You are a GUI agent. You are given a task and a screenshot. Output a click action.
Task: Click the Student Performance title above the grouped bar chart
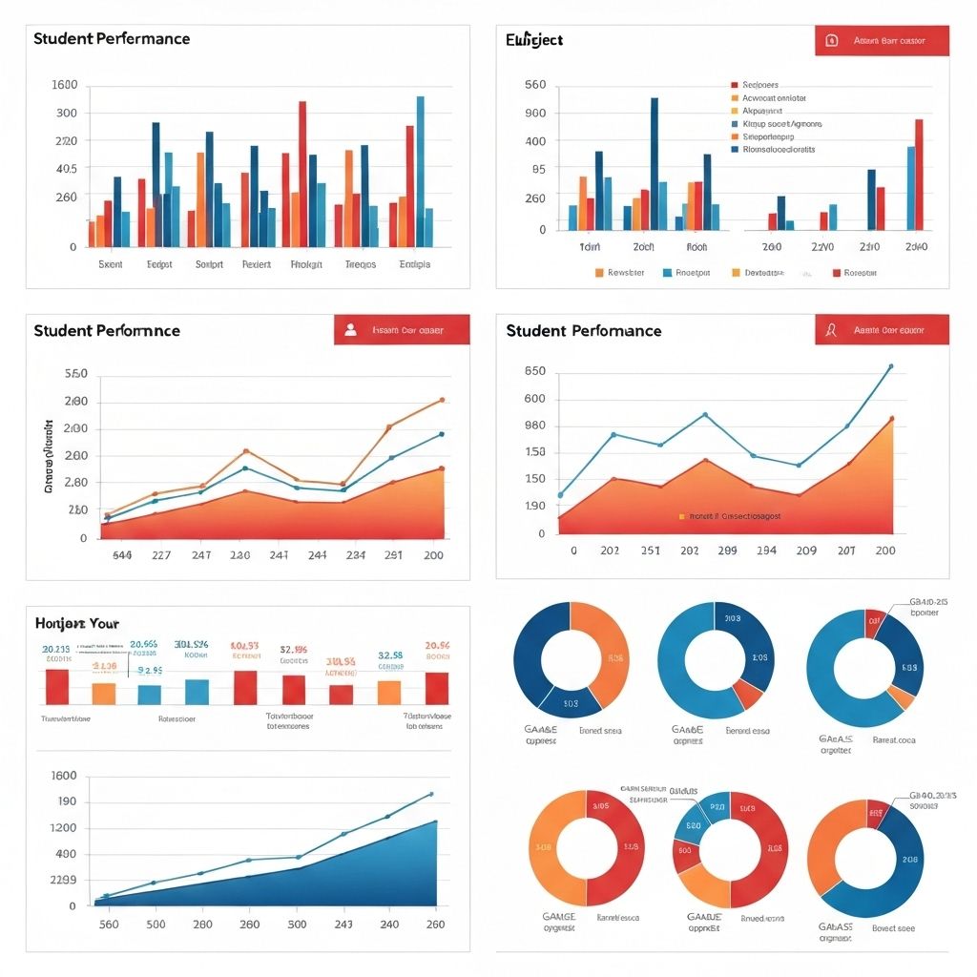tap(111, 39)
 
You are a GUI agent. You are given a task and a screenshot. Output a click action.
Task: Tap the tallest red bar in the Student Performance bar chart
tap(302, 172)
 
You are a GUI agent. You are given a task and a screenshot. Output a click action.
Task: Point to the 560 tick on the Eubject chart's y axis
tap(535, 85)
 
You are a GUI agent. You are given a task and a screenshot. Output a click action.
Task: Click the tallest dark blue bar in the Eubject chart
tap(654, 162)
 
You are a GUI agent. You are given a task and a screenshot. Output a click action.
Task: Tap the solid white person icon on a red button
tap(350, 330)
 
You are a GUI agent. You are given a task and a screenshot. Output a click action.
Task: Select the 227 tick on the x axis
tap(161, 555)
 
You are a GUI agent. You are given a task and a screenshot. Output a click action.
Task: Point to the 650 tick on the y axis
tap(535, 371)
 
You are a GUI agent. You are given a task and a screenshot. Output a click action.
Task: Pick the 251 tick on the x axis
tap(650, 551)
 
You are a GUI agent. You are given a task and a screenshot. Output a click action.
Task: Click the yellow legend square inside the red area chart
tap(681, 516)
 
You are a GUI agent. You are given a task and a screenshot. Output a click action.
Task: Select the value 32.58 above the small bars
tap(391, 655)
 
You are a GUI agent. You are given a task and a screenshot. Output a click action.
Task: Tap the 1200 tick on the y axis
tap(66, 827)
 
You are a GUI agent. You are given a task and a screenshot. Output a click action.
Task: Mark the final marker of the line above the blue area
tap(430, 794)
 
